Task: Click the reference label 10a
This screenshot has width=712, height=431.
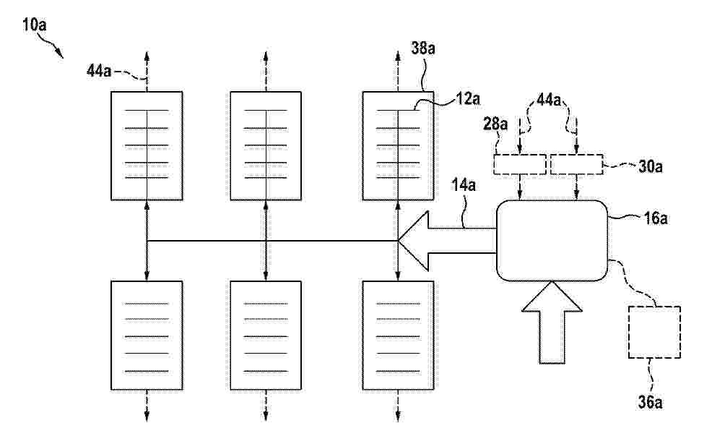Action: tap(35, 25)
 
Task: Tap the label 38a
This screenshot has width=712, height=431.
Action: tap(423, 47)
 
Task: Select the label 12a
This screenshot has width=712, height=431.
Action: tap(468, 98)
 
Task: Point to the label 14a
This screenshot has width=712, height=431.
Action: tap(464, 185)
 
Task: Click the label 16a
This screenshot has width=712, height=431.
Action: tap(656, 218)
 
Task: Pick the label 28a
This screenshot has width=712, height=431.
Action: tap(496, 124)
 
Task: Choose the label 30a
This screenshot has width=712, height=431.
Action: tap(650, 166)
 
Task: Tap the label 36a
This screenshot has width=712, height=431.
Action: tap(650, 402)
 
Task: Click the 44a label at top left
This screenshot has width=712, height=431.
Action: tap(99, 71)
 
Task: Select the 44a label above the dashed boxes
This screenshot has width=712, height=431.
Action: tap(549, 99)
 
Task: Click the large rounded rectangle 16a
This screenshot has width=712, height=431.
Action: tap(552, 241)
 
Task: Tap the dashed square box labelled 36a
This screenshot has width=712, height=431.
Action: tap(654, 332)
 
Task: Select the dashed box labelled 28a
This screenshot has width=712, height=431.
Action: tap(520, 165)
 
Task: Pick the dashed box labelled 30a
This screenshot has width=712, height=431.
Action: tap(577, 165)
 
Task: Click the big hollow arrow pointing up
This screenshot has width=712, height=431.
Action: tap(552, 323)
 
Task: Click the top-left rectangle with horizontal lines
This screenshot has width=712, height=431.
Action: tap(147, 146)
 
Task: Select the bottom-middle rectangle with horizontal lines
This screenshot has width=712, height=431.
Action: tap(266, 336)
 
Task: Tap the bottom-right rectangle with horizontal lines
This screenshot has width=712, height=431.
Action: tap(398, 336)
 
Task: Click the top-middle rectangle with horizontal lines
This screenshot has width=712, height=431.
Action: tap(266, 146)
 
